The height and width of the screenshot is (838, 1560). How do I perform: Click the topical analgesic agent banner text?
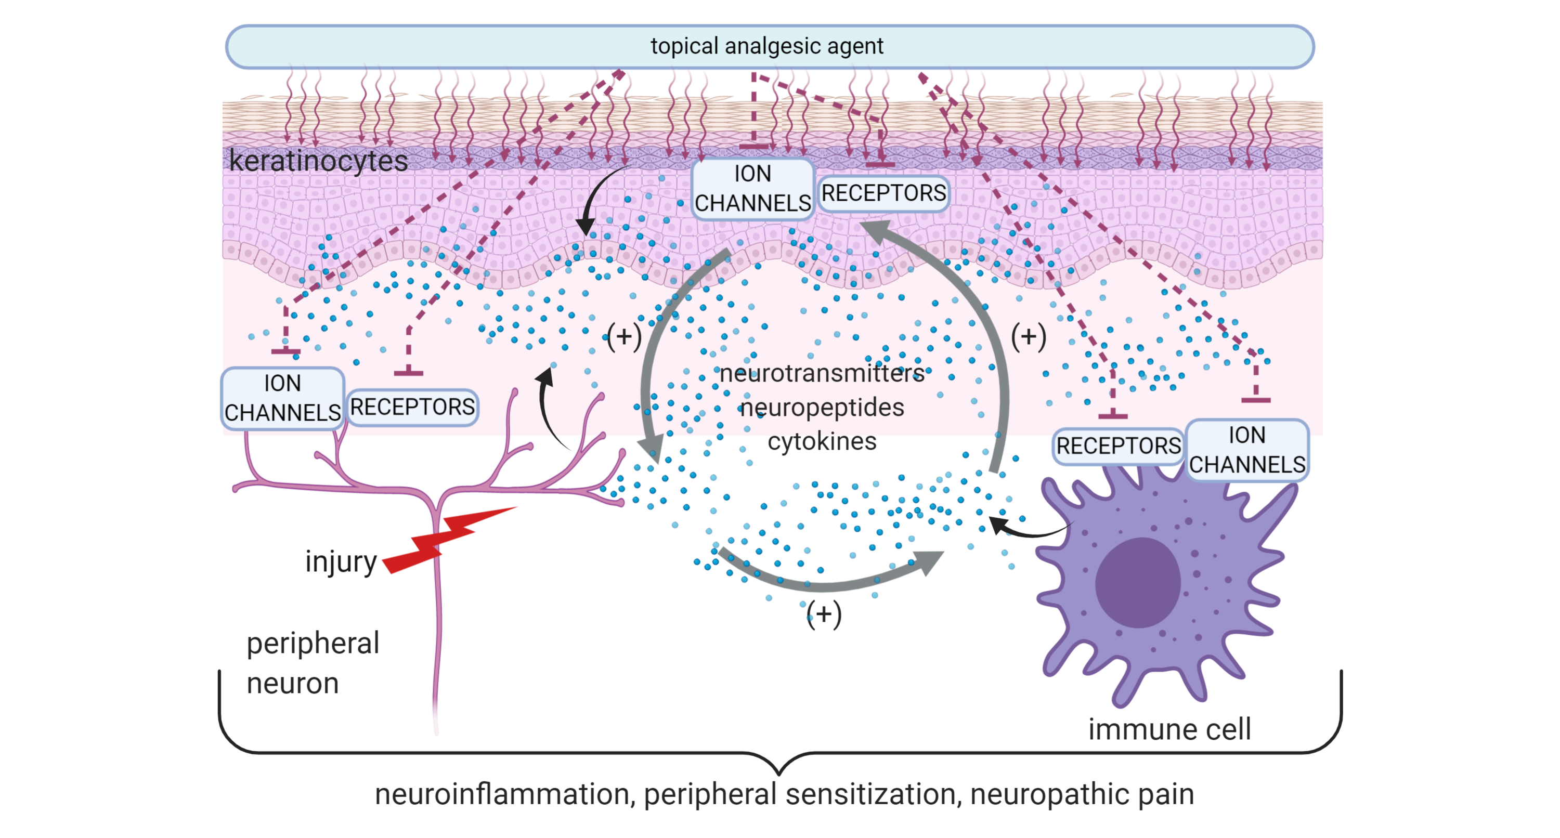(x=766, y=46)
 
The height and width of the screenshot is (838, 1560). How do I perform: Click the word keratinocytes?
(x=319, y=161)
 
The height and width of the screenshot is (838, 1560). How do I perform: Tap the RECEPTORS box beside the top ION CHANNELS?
(x=883, y=193)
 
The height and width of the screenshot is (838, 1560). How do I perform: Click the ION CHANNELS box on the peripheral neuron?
(x=282, y=398)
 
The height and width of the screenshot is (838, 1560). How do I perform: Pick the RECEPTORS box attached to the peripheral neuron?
(x=412, y=407)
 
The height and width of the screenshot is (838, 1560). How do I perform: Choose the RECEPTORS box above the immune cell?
(x=1118, y=446)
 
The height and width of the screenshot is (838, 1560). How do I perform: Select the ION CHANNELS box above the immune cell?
(x=1247, y=450)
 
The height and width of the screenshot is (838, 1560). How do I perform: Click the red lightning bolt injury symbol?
(x=448, y=539)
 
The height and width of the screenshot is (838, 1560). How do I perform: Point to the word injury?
(x=341, y=562)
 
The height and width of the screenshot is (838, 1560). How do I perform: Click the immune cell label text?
(x=1169, y=729)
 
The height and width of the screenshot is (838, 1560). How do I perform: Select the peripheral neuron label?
(x=312, y=663)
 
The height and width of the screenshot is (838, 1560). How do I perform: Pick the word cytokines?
(x=822, y=441)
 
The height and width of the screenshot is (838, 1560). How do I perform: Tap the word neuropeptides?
(x=822, y=408)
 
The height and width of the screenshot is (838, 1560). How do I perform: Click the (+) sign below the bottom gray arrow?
(x=824, y=614)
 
